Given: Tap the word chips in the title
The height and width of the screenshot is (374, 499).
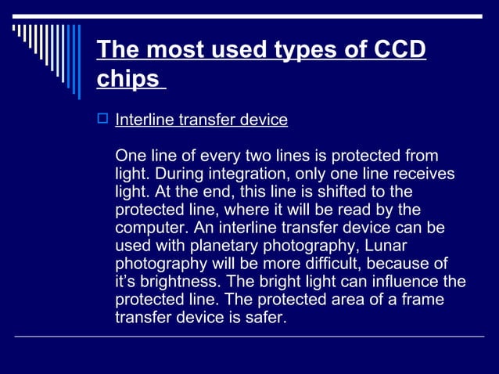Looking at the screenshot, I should (x=127, y=80).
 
